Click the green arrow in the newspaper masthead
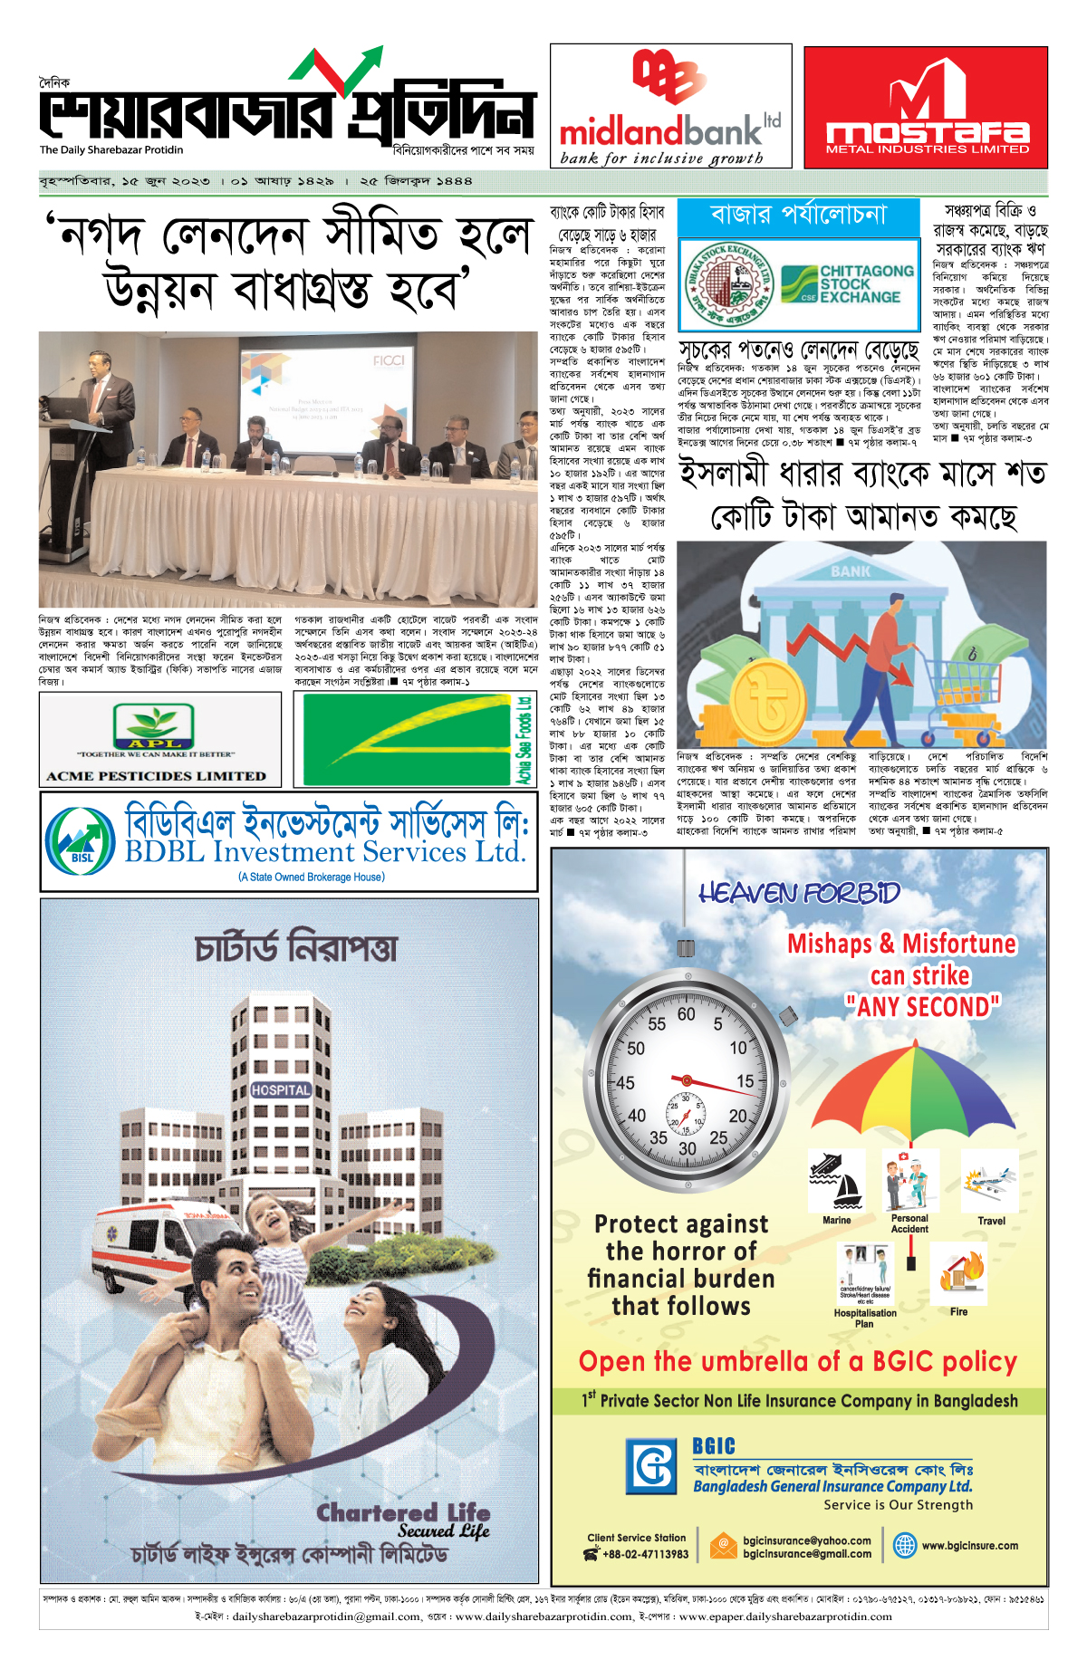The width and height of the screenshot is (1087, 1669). [x=357, y=72]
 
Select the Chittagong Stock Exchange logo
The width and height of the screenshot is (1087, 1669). [x=847, y=284]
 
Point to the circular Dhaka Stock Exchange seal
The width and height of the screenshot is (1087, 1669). [x=727, y=283]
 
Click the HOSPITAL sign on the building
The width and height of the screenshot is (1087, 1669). [x=281, y=1090]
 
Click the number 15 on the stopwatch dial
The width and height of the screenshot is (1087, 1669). [x=745, y=1081]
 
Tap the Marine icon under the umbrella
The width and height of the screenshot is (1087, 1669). [x=836, y=1181]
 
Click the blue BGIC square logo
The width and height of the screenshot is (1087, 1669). [x=650, y=1466]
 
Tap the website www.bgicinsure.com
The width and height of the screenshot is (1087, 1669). [x=969, y=1546]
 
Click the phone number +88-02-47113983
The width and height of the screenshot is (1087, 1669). [x=645, y=1554]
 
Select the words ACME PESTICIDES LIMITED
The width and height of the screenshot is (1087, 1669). [x=157, y=776]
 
